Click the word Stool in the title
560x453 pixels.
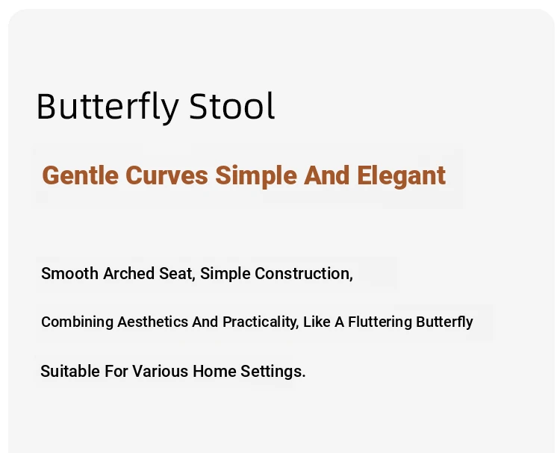[x=231, y=106]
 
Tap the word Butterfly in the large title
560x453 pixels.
[x=108, y=107]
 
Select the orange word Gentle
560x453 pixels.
[x=81, y=175]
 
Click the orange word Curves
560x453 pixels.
[x=167, y=175]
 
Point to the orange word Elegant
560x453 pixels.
[x=401, y=176]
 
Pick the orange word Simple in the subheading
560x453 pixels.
[x=255, y=176]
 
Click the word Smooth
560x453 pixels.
[x=69, y=273]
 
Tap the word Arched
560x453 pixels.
[x=128, y=273]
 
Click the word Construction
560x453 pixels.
[x=304, y=274]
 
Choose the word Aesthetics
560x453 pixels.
[x=152, y=322]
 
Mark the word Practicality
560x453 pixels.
[x=261, y=322]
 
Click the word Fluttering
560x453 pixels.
[x=379, y=322]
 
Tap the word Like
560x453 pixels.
[x=317, y=322]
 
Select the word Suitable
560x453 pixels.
[x=70, y=371]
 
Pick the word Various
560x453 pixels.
[x=160, y=371]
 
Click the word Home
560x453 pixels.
[x=214, y=371]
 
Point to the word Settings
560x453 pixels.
[x=273, y=372]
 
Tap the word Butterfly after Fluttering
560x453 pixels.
[x=444, y=322]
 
